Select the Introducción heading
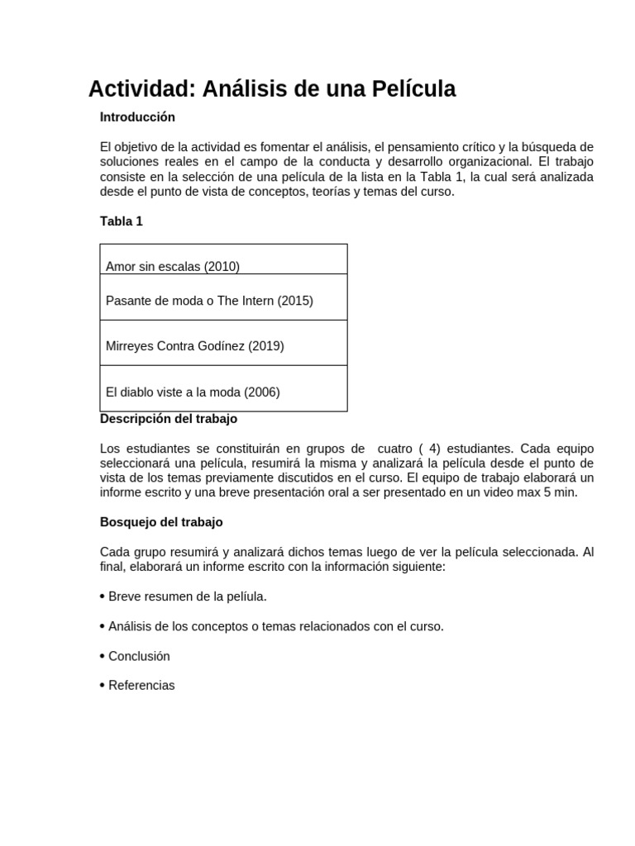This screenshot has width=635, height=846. (137, 117)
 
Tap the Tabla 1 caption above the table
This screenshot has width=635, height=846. (122, 221)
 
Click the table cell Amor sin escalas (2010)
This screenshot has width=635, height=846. (173, 266)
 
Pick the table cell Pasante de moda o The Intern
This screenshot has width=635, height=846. (209, 301)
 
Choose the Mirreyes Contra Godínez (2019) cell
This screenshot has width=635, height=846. (195, 346)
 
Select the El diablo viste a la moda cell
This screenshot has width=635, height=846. (193, 392)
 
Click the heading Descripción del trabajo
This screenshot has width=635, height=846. (169, 419)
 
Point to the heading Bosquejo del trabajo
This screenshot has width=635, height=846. (161, 522)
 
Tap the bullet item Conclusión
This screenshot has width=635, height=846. (139, 656)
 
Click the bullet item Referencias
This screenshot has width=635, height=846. (141, 686)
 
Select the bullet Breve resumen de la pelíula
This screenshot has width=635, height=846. (188, 596)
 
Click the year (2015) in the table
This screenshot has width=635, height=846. (295, 301)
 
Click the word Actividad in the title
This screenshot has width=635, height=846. (141, 89)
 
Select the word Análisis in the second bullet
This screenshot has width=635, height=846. (131, 626)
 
